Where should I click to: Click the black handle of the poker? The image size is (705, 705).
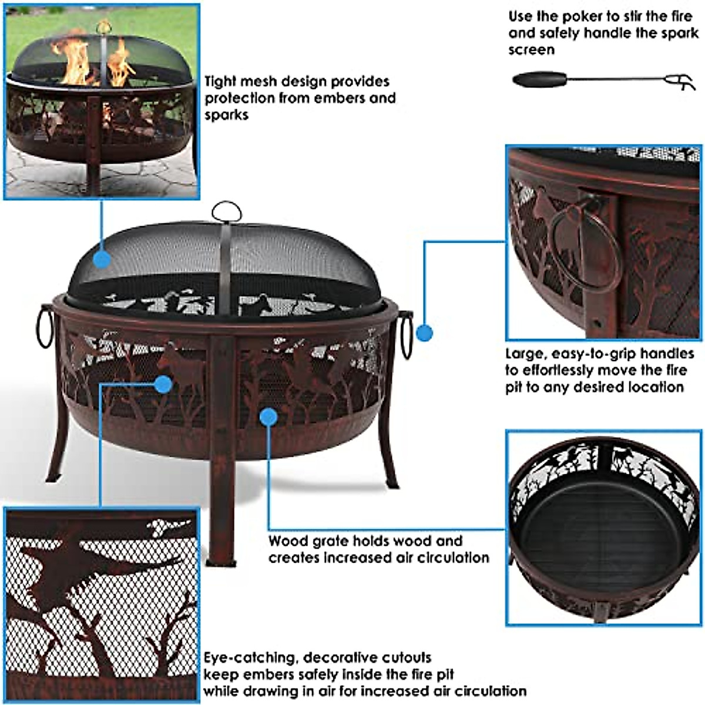coord(539,79)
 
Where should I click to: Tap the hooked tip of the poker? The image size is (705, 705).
coord(681,81)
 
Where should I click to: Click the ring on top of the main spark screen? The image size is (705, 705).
coord(227,211)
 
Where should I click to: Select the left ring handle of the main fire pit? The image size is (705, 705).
coord(45,327)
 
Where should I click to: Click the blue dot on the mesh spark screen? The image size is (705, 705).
coord(102,258)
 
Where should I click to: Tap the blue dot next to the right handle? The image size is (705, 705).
coord(424,333)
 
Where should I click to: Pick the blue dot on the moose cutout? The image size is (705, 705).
coord(163,384)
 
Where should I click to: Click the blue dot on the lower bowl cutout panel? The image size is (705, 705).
coord(268,417)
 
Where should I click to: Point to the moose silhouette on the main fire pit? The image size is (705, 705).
coord(182,367)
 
